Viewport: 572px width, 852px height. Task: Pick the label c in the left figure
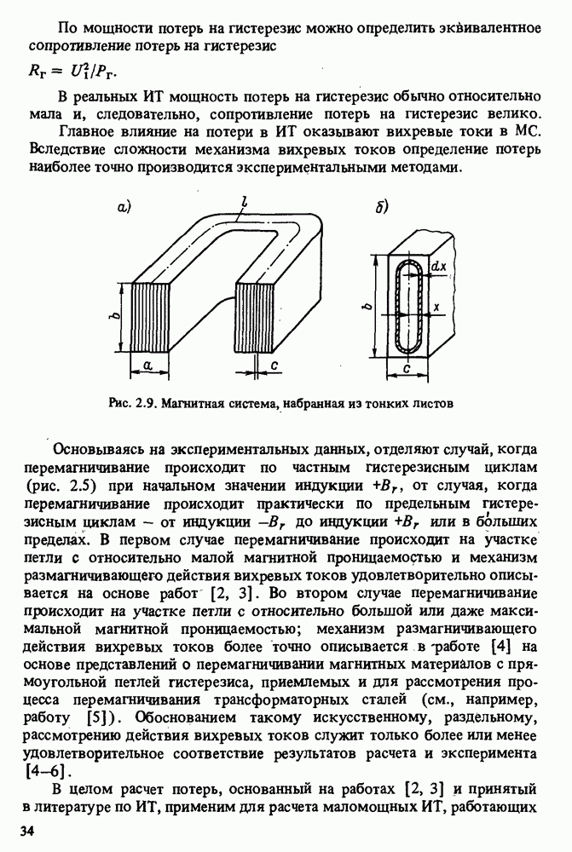pos(274,365)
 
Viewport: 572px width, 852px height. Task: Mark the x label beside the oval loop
pos(436,305)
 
